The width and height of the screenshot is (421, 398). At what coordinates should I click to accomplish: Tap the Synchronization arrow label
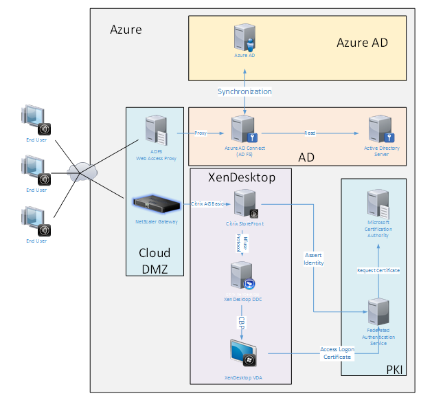click(244, 91)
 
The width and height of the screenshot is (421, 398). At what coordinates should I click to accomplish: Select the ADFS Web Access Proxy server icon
click(155, 129)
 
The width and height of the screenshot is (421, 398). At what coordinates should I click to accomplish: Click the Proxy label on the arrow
click(201, 133)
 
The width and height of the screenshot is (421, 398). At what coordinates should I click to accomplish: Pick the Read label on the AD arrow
click(310, 133)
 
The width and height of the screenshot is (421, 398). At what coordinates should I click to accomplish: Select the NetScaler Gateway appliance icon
click(155, 203)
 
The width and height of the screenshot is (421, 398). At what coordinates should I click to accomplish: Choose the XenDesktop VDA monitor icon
click(244, 353)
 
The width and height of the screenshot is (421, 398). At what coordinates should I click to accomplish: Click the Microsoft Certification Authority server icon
click(378, 205)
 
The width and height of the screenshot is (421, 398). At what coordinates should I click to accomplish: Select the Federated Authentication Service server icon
click(378, 313)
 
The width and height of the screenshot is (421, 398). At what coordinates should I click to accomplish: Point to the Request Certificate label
click(378, 270)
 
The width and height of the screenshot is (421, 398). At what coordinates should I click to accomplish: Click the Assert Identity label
click(313, 258)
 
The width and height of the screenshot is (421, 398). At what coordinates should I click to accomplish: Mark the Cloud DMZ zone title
click(155, 260)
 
